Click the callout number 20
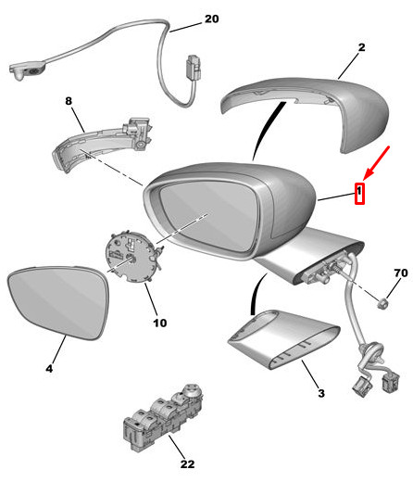(x=211, y=19)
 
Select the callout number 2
(x=361, y=46)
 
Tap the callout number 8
(x=68, y=101)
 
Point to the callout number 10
(x=159, y=323)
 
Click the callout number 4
(x=48, y=369)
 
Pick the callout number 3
(x=320, y=394)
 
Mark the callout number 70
(x=400, y=274)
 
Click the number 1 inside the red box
(x=361, y=194)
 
